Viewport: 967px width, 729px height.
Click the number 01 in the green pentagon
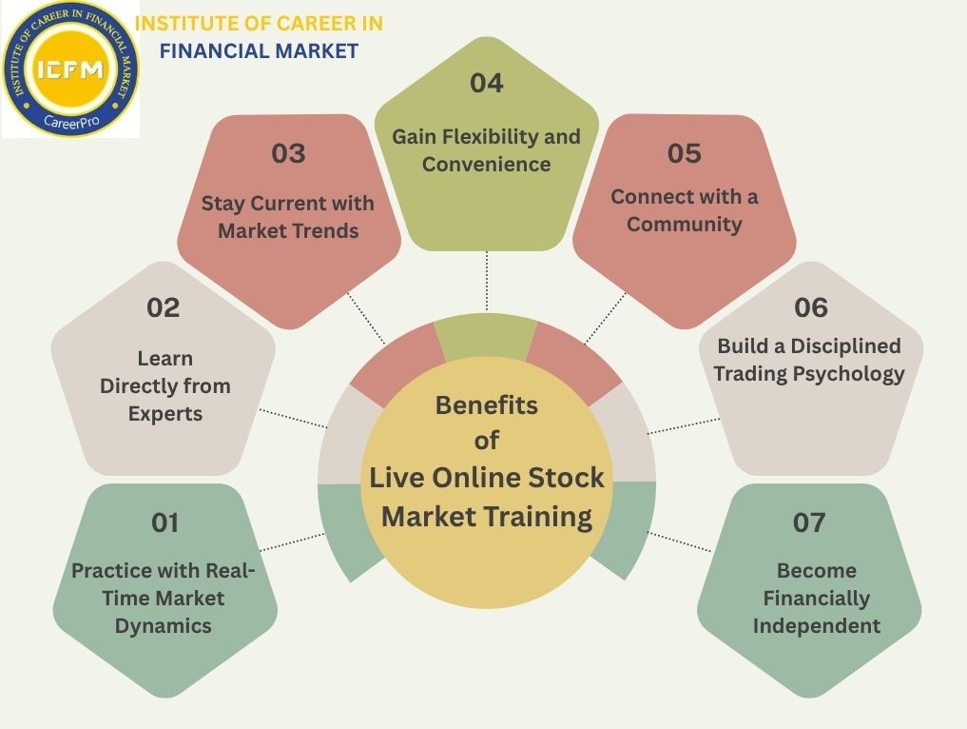[165, 522]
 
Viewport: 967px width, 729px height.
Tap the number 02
[164, 307]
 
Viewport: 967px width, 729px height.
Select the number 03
[288, 153]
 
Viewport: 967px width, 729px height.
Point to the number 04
[486, 83]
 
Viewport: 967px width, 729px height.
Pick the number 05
[685, 153]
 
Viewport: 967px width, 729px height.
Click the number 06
[811, 307]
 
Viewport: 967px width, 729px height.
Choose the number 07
[809, 522]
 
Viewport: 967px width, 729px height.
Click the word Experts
[165, 414]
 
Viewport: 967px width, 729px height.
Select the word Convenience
[486, 164]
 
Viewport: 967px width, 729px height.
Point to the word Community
[685, 225]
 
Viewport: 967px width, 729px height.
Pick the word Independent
[817, 625]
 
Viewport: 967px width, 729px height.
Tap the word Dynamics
[164, 625]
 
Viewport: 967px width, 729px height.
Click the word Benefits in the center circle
[486, 405]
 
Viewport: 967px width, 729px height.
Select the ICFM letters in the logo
[70, 69]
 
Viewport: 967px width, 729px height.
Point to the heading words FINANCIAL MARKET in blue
[259, 50]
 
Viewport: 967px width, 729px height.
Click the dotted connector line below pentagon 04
[487, 281]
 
